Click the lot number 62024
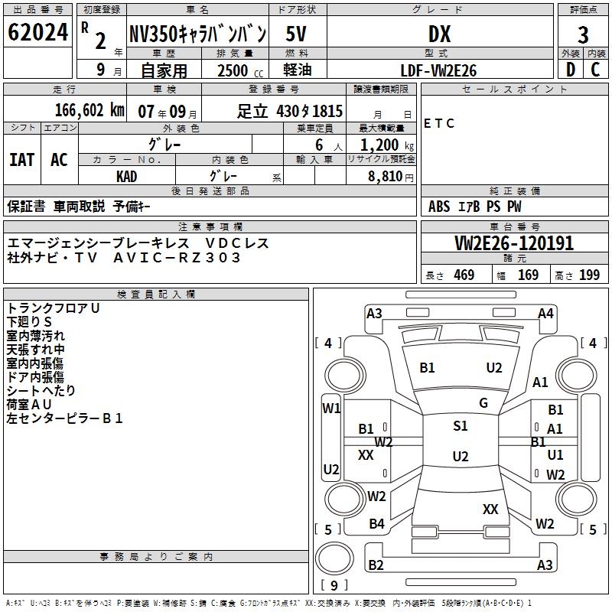38,32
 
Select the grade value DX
439,34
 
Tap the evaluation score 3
583,34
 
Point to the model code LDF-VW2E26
439,70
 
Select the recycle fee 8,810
382,176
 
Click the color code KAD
127,176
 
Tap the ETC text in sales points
439,123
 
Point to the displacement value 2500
233,70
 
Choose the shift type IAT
21,159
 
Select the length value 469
464,275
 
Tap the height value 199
589,275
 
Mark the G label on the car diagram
483,403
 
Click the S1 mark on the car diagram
460,426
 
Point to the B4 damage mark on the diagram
376,524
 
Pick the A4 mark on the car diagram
545,313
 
